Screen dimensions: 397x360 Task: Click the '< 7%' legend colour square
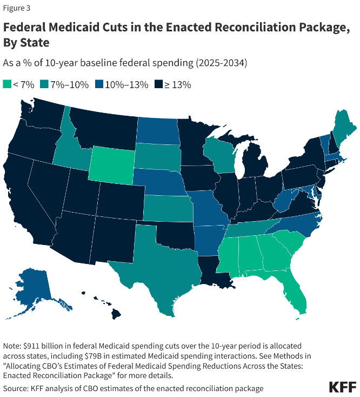(x=7, y=84)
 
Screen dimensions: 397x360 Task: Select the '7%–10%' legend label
(x=70, y=84)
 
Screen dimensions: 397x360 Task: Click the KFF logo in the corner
(x=342, y=387)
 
